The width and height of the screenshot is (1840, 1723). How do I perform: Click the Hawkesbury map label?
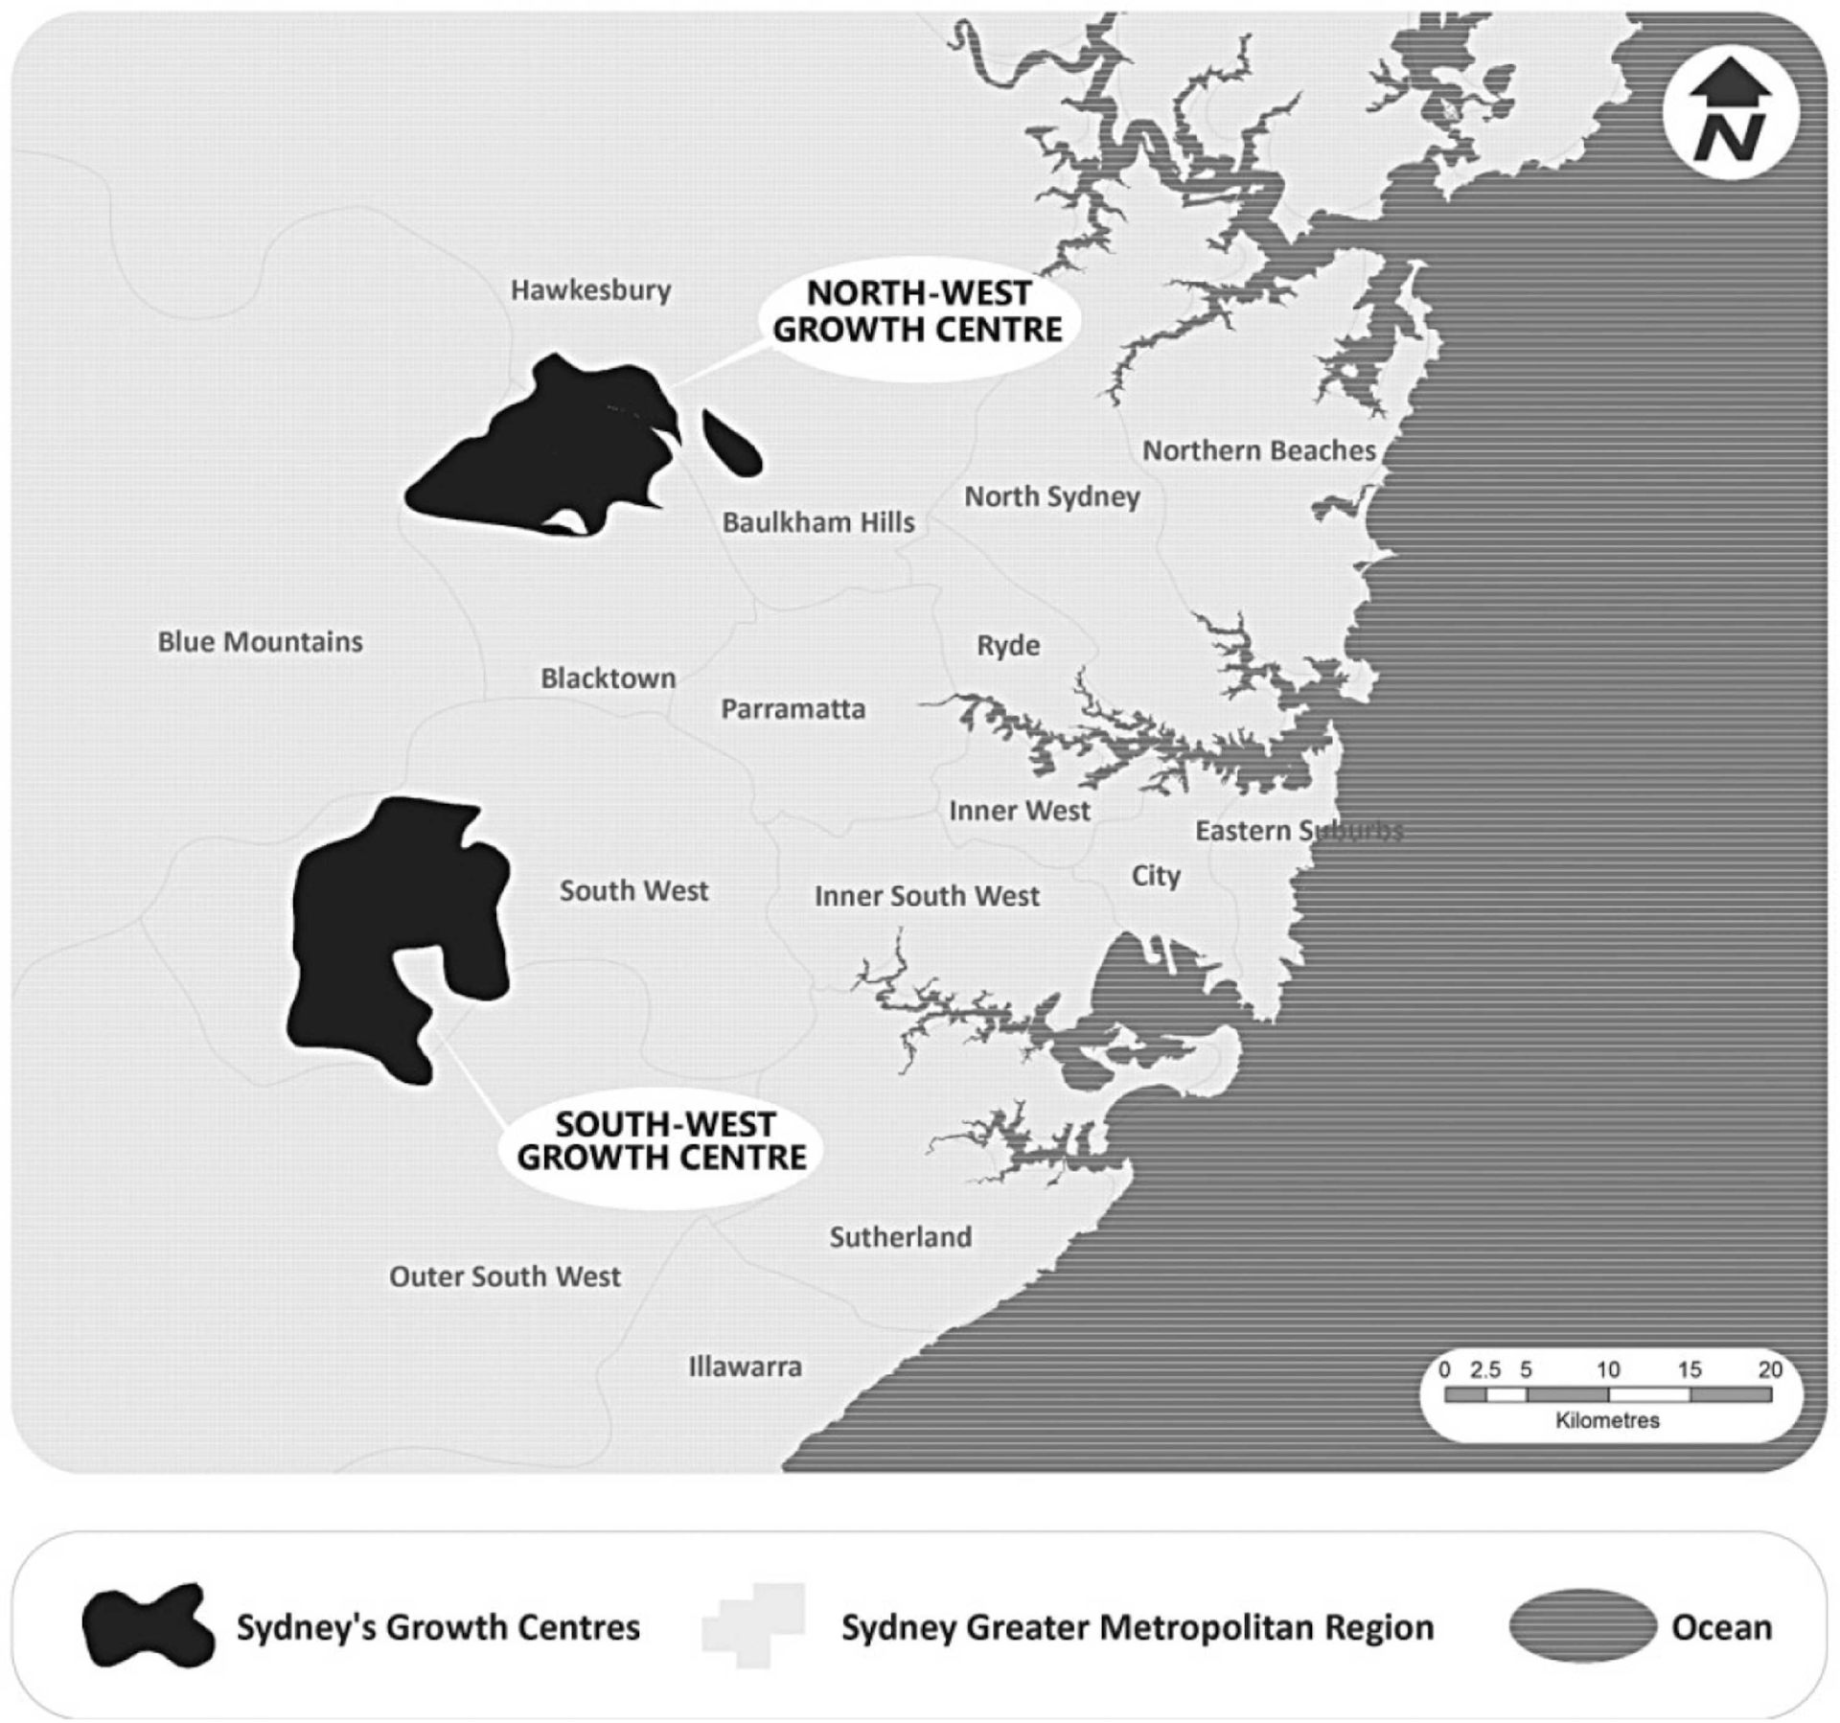coord(590,290)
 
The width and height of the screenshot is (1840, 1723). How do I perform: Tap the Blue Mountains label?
coord(260,642)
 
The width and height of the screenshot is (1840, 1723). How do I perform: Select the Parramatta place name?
coord(793,709)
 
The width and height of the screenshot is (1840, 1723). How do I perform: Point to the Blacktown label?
coord(608,678)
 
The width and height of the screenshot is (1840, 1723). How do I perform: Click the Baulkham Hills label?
coord(817,522)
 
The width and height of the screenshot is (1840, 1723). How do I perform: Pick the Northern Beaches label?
coord(1258,450)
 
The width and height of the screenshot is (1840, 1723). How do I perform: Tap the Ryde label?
coord(1008,646)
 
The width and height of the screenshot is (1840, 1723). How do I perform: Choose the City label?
coord(1156,876)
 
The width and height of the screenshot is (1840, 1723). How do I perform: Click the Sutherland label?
coord(900,1237)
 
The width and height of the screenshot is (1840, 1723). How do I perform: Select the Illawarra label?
coord(745,1367)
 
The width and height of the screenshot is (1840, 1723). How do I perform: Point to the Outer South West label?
coord(504,1276)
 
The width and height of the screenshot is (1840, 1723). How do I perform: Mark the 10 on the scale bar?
coord(1607,1370)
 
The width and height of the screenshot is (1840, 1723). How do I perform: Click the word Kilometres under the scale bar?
coord(1607,1420)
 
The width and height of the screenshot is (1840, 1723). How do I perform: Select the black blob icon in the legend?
coord(147,1626)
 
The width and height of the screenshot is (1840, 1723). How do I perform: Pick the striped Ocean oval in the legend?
coord(1582,1627)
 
